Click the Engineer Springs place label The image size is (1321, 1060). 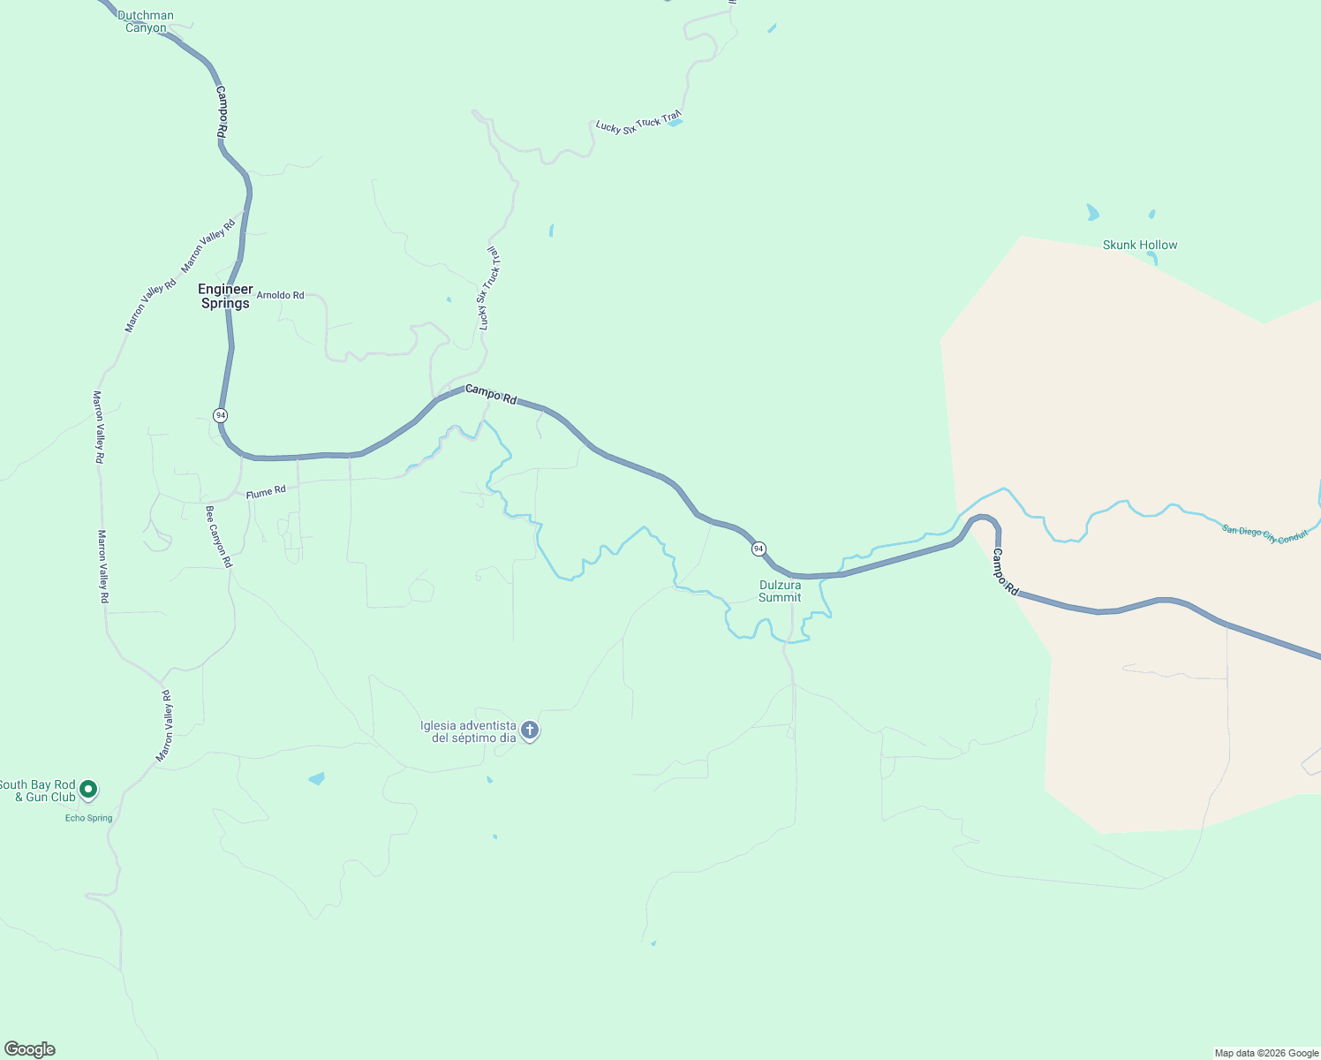coord(225,297)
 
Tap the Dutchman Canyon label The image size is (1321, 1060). coord(146,21)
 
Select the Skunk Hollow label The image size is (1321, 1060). coord(1140,245)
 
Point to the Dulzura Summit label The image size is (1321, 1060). coord(780,591)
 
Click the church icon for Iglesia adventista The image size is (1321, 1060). coord(530,731)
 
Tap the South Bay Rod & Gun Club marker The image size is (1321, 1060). coord(88,789)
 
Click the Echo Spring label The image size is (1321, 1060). coord(88,818)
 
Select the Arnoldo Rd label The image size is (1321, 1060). coord(280,295)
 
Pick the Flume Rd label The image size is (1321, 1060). coord(266,492)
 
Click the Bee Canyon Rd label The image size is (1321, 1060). coord(219,536)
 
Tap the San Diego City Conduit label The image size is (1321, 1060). coord(1264,534)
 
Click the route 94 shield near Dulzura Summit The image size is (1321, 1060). coord(759,549)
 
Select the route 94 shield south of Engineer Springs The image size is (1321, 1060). coord(220,415)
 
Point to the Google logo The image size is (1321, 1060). coord(30,1049)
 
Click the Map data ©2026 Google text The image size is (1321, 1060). coord(1266,1053)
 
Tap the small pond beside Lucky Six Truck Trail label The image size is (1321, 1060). coord(675,123)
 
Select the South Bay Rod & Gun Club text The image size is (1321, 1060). coord(37,791)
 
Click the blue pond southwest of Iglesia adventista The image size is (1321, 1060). coord(316,778)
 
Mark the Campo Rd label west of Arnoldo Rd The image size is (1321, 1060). coord(222,110)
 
